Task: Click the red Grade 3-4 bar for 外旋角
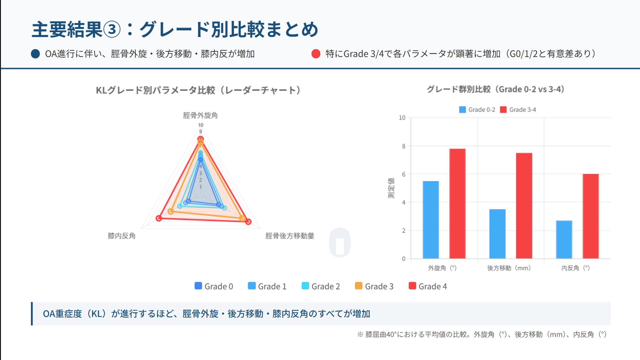[x=457, y=204]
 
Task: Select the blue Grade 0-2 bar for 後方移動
[x=497, y=234]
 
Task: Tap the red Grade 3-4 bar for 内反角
[x=591, y=216]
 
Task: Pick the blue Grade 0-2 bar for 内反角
[x=564, y=239]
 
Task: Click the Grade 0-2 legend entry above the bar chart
[x=477, y=110]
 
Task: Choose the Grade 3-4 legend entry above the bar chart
[x=518, y=110]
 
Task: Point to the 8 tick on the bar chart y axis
[x=404, y=146]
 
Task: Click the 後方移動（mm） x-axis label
[x=509, y=268]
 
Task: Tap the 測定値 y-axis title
[x=391, y=188]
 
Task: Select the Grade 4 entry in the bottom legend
[x=428, y=286]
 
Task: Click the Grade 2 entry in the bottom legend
[x=321, y=286]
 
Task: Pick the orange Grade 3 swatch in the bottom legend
[x=359, y=286]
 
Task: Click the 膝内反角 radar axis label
[x=122, y=236]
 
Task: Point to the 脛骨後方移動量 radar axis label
[x=289, y=236]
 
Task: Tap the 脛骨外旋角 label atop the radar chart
[x=200, y=116]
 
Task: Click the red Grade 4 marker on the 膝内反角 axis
[x=159, y=218]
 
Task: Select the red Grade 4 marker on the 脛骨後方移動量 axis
[x=248, y=221]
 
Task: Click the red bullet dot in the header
[x=316, y=54]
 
